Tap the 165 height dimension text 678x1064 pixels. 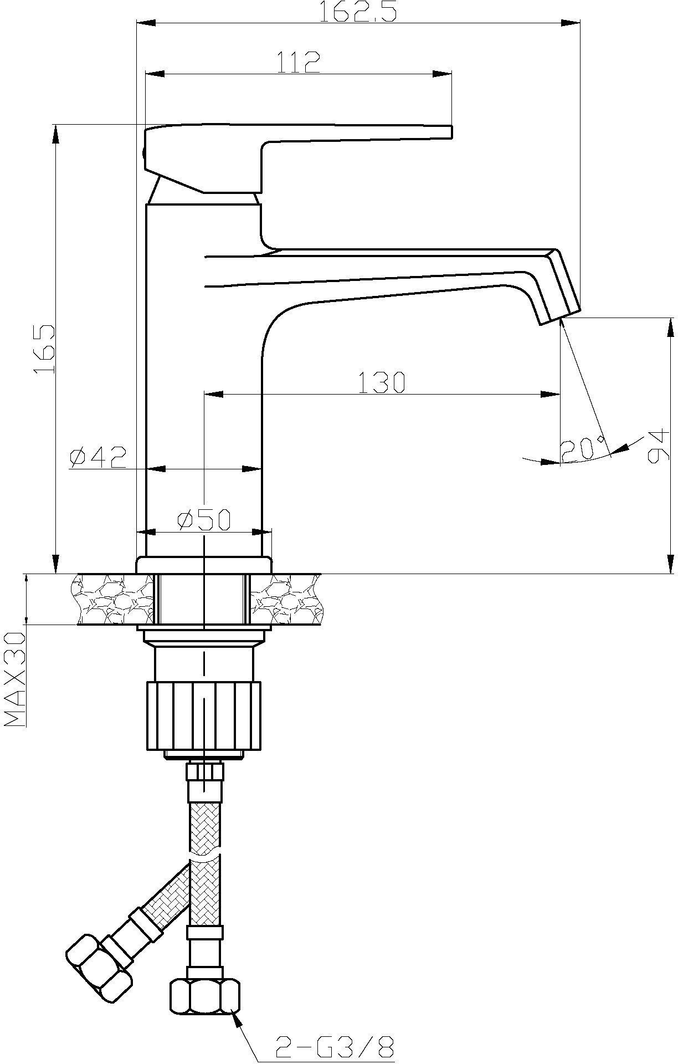click(x=44, y=349)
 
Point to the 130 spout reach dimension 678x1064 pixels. click(x=382, y=382)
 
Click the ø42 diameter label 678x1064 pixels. click(x=98, y=457)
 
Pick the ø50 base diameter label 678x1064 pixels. click(x=203, y=520)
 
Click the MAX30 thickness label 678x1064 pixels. click(x=16, y=679)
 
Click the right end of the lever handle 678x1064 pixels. click(x=452, y=132)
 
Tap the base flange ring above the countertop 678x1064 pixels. click(x=204, y=565)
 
